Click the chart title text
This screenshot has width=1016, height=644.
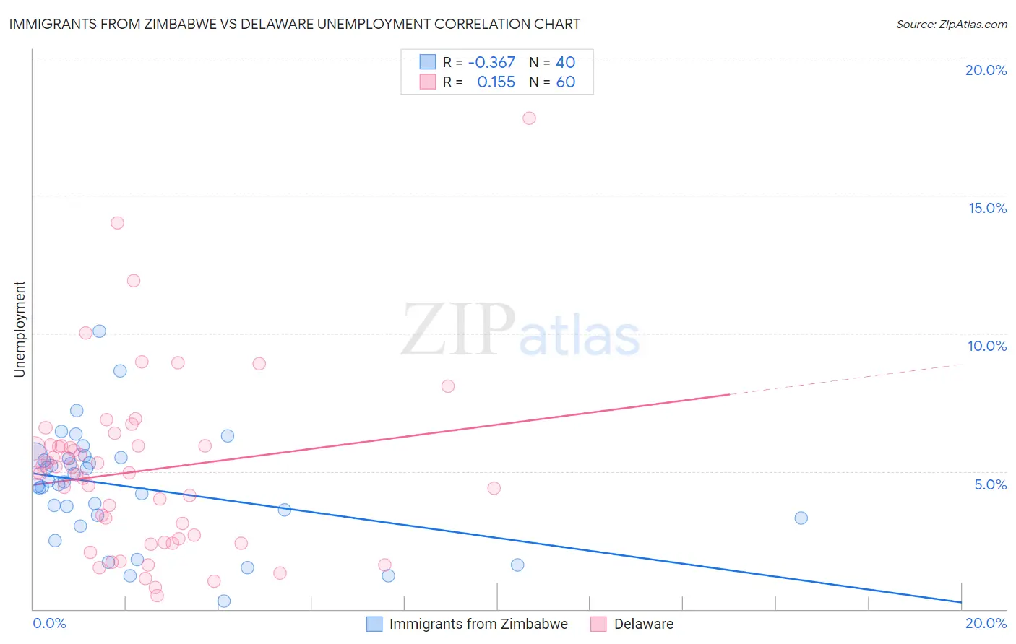[294, 24]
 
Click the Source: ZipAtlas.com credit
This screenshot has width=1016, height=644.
[951, 24]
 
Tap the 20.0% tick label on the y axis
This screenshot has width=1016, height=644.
[986, 70]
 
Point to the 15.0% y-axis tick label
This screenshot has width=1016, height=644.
[987, 208]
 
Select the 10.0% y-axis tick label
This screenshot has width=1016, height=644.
[987, 346]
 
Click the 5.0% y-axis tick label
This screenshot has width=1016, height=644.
[990, 484]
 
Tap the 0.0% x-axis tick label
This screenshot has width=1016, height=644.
[49, 623]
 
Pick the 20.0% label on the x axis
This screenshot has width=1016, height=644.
[986, 623]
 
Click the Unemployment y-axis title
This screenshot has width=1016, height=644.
[20, 329]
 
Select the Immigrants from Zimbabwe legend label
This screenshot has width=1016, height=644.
[478, 624]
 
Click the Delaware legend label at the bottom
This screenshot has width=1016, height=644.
[643, 624]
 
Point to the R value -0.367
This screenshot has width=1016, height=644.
[491, 63]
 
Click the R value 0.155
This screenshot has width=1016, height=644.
[496, 82]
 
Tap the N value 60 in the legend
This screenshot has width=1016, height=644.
[565, 82]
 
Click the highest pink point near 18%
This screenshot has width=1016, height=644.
[529, 118]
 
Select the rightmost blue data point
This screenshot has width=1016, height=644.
[801, 518]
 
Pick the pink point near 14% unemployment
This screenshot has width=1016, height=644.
[117, 223]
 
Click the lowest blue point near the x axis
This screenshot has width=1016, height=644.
[224, 601]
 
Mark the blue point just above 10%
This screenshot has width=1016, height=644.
[100, 331]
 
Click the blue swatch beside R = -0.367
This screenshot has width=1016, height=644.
[428, 63]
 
